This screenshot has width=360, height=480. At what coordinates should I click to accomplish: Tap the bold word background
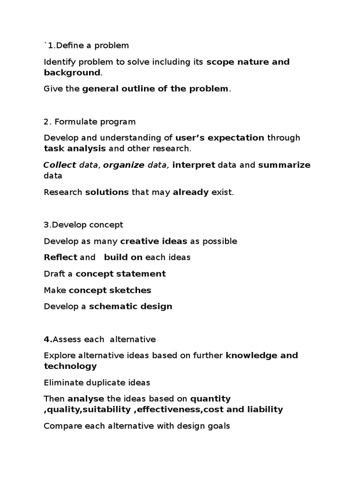click(x=72, y=73)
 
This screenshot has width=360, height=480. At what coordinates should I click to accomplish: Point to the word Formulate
click(x=73, y=122)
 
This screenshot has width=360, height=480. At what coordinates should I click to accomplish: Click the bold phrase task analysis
click(x=75, y=149)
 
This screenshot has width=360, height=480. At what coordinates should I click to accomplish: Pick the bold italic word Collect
click(x=60, y=165)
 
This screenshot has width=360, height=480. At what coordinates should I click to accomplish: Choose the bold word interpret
click(x=194, y=165)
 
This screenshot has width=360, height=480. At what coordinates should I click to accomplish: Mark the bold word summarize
click(x=284, y=165)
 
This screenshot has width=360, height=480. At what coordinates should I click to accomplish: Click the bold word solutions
click(x=107, y=192)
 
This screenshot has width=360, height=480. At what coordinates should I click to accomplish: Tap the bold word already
click(x=190, y=192)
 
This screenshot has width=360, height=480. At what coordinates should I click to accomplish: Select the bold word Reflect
click(x=60, y=257)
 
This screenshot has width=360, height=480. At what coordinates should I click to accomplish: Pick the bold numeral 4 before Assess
click(x=46, y=339)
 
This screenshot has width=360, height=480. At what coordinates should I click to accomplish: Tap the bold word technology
click(x=70, y=366)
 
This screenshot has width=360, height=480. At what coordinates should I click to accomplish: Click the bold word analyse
click(x=86, y=399)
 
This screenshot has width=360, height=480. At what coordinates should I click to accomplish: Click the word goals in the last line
click(x=219, y=427)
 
